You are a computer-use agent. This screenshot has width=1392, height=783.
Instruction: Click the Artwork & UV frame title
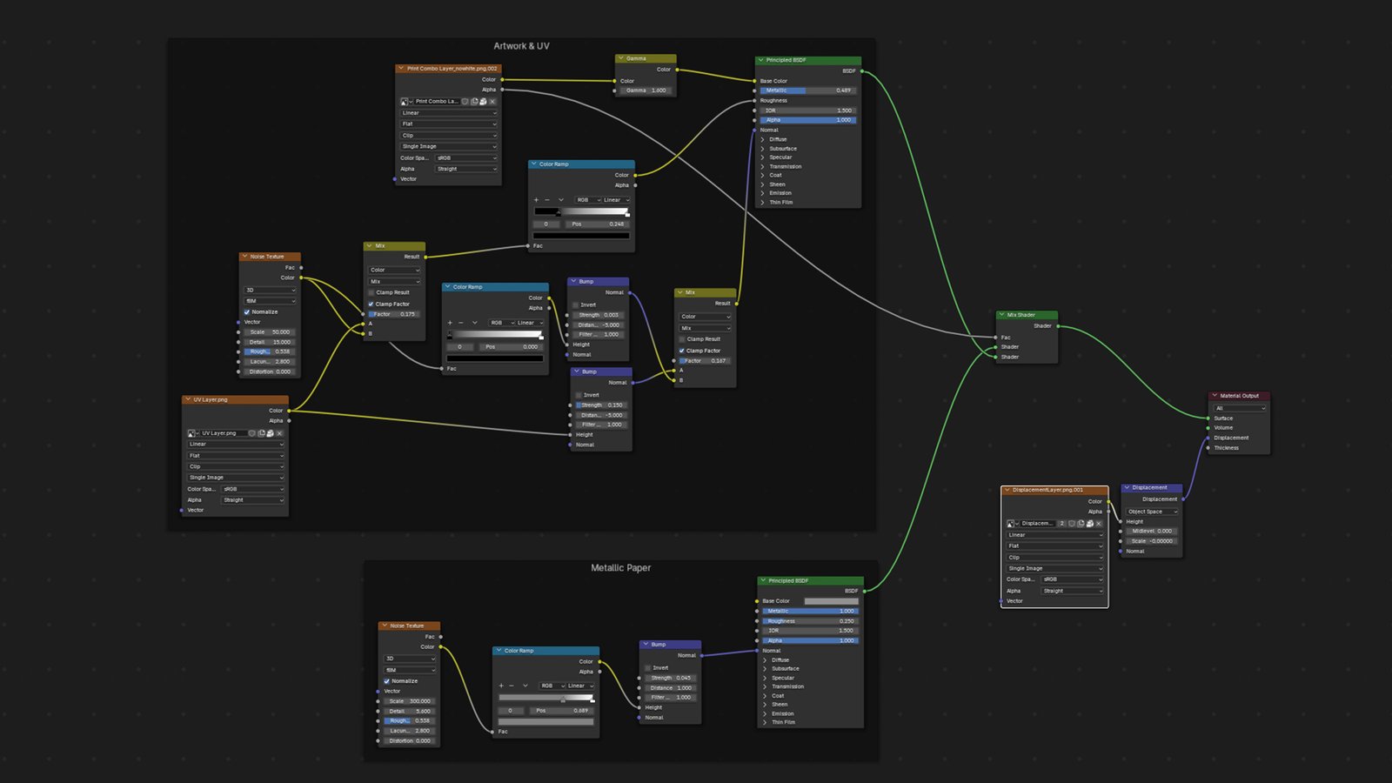pyautogui.click(x=521, y=46)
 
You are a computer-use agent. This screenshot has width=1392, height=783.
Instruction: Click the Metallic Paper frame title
pyautogui.click(x=620, y=568)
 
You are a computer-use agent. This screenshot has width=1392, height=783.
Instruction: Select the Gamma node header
pyautogui.click(x=646, y=58)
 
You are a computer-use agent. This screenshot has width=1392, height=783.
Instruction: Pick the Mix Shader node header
pyautogui.click(x=1027, y=315)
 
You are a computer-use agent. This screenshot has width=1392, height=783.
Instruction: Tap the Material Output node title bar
pyautogui.click(x=1239, y=396)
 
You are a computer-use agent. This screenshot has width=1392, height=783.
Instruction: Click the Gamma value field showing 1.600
pyautogui.click(x=646, y=90)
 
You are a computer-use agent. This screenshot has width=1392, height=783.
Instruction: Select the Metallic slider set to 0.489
pyautogui.click(x=808, y=90)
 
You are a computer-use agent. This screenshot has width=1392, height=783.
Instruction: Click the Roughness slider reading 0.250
pyautogui.click(x=810, y=621)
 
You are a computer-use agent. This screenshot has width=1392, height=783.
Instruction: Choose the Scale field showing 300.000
pyautogui.click(x=409, y=701)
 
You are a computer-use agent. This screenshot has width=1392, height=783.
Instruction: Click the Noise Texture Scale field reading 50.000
pyautogui.click(x=270, y=332)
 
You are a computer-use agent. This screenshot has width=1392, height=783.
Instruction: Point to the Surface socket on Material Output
pyautogui.click(x=1208, y=418)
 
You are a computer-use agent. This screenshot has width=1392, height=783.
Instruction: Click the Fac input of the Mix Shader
pyautogui.click(x=996, y=338)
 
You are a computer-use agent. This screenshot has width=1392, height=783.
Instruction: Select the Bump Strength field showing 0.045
pyautogui.click(x=671, y=678)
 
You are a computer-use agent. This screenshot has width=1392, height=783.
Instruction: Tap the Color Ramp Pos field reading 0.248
pyautogui.click(x=598, y=224)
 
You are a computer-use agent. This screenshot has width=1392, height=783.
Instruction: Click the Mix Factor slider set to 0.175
pyautogui.click(x=394, y=314)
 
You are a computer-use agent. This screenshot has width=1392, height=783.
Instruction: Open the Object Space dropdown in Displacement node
pyautogui.click(x=1152, y=512)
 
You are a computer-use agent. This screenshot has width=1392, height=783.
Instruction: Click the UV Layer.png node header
pyautogui.click(x=235, y=400)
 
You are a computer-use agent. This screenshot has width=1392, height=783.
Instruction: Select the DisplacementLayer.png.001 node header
pyautogui.click(x=1054, y=490)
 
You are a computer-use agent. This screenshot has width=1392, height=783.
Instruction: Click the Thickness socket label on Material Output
pyautogui.click(x=1227, y=448)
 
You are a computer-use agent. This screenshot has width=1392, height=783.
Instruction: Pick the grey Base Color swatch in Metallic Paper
pyautogui.click(x=831, y=601)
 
